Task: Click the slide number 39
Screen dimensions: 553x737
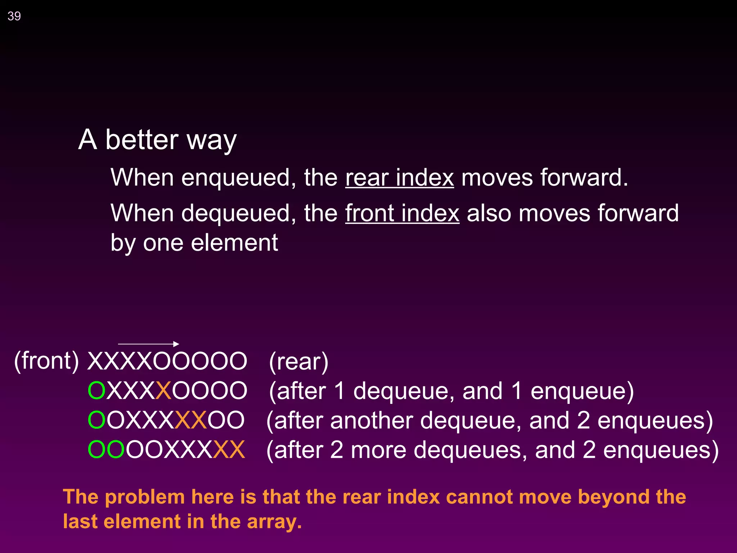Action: [x=14, y=16]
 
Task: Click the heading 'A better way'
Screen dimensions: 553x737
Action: [x=157, y=140]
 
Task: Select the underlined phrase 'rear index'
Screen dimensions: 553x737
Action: [x=399, y=177]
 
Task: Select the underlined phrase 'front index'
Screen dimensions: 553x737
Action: [x=402, y=213]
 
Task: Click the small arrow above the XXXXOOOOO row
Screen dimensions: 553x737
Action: [x=148, y=344]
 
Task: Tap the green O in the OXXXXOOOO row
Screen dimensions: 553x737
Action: [x=96, y=391]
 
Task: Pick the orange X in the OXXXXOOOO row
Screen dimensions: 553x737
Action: [x=163, y=391]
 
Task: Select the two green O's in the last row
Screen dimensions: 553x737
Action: [x=106, y=450]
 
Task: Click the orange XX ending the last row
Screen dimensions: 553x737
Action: [x=229, y=450]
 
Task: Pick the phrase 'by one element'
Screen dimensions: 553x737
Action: [x=194, y=243]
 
